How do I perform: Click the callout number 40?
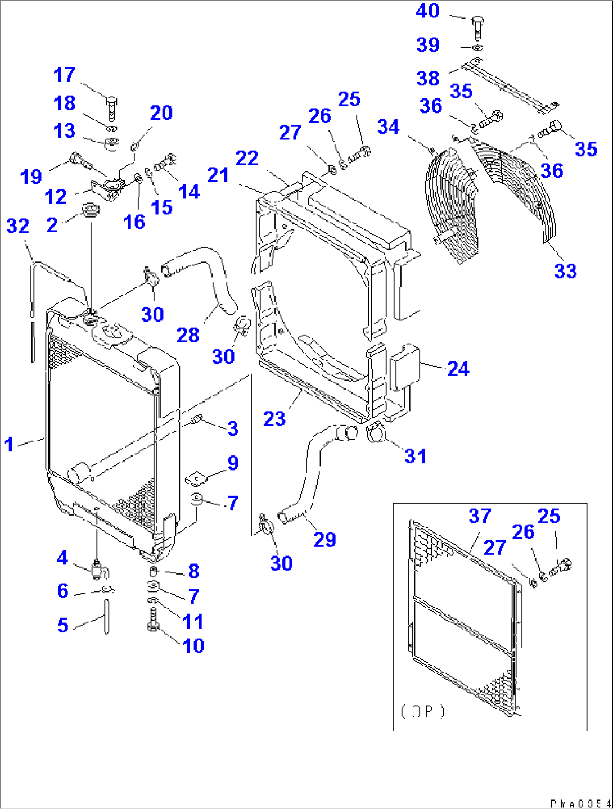click(427, 11)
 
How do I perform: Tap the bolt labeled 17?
click(111, 107)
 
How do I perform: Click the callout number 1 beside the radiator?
click(9, 444)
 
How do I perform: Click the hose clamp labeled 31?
click(376, 433)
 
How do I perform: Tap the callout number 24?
click(458, 369)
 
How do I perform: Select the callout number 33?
click(566, 271)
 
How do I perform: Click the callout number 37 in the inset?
click(480, 516)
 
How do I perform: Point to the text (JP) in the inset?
click(422, 711)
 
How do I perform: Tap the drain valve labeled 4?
click(100, 571)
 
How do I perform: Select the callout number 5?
click(63, 625)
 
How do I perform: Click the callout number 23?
click(274, 418)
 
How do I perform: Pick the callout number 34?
click(388, 126)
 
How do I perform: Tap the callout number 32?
click(17, 226)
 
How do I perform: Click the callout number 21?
click(218, 175)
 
